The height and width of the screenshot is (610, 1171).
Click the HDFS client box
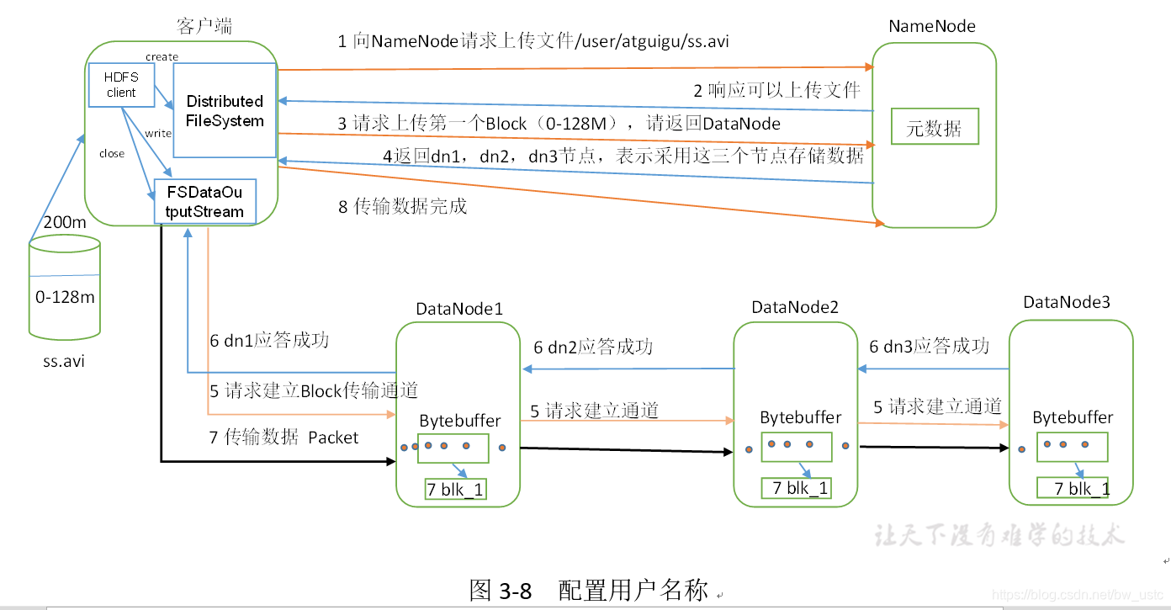coord(121,85)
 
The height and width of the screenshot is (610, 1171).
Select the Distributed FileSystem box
coord(225,110)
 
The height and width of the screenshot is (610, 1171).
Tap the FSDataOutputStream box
coord(204,201)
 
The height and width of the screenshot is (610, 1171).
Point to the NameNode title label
coord(932,26)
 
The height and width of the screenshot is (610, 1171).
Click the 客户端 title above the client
coord(204,27)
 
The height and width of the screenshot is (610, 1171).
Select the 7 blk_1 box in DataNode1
coord(456,490)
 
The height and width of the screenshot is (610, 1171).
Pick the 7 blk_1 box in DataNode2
coord(796,488)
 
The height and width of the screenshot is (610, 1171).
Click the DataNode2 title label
coord(795,307)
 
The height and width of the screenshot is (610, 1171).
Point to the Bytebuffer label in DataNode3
coord(1073,417)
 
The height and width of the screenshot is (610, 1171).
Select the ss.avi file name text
coord(64,362)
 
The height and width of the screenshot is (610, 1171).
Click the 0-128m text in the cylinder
coord(65,297)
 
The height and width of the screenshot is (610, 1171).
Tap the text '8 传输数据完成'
coord(402,206)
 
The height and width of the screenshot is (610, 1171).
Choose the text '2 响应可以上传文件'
coord(776,90)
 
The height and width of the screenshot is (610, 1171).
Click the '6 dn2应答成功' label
coord(593,347)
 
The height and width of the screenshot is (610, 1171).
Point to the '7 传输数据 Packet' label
coord(283,438)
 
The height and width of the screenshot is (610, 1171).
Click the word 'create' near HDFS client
coord(162,57)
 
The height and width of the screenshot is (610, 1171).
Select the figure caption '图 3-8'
coord(501,591)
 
